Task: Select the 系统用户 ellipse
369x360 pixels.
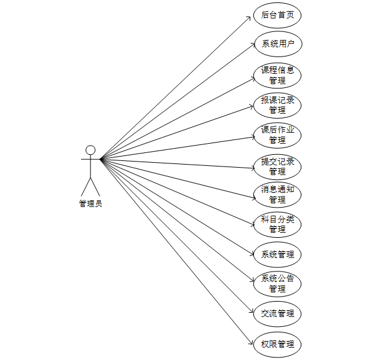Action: [x=277, y=44]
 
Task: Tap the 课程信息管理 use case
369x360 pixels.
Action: [x=277, y=75]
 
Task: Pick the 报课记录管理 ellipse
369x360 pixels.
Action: [x=277, y=105]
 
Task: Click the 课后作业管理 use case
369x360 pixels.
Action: [x=277, y=135]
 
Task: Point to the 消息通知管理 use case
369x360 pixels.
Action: [x=277, y=194]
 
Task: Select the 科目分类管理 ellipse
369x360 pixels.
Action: [x=277, y=224]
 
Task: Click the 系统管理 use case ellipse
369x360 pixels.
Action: [x=277, y=254]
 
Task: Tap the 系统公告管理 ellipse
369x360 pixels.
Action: [x=277, y=283]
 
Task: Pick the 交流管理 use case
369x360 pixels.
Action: [x=277, y=313]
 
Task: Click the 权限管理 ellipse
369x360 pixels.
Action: [x=277, y=343]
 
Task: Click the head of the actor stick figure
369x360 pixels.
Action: [x=90, y=150]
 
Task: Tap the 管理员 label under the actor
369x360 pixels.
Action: [x=90, y=204]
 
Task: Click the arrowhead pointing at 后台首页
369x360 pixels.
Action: [x=252, y=17]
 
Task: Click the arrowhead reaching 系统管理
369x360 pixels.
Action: [x=252, y=253]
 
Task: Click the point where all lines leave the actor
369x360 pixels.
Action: [x=101, y=160]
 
